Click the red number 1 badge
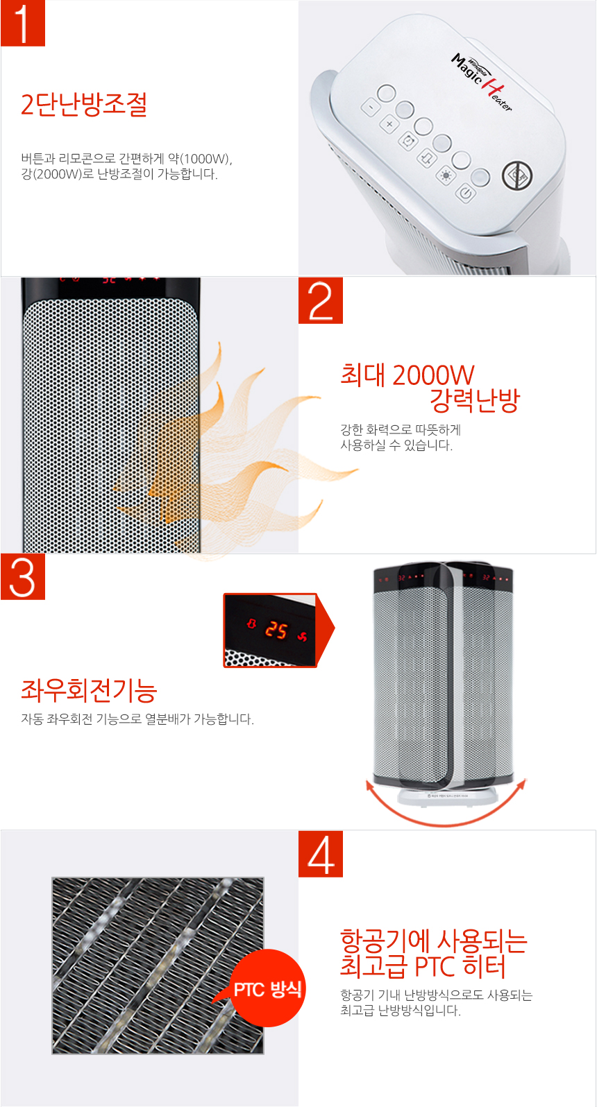[23, 24]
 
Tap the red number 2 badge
[321, 300]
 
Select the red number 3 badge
[23, 576]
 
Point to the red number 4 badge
[321, 854]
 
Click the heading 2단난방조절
[83, 105]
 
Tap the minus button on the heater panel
[371, 108]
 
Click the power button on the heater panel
[465, 193]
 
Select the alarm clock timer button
[407, 141]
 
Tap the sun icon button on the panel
[445, 175]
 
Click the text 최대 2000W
[407, 375]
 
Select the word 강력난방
[474, 400]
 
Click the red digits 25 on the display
[276, 630]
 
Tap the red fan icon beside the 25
[302, 636]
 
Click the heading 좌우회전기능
[89, 690]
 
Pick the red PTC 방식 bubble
[267, 988]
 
